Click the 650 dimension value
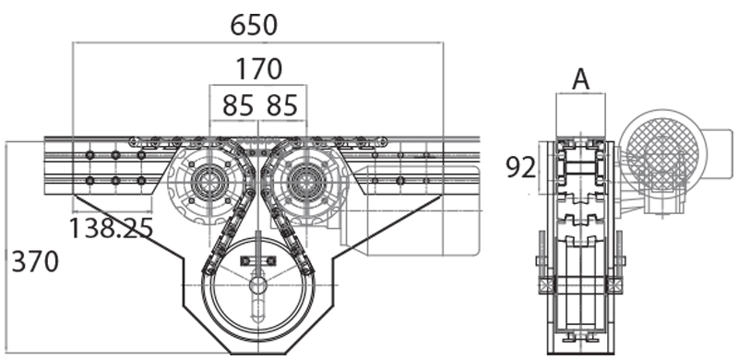click(254, 25)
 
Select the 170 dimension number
click(258, 69)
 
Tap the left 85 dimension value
click(237, 105)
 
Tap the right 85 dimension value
click(282, 105)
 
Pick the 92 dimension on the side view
click(521, 167)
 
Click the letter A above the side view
click(580, 80)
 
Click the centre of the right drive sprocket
click(305, 182)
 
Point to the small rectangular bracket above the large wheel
click(257, 262)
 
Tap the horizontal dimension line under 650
click(258, 42)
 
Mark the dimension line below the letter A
click(580, 94)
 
